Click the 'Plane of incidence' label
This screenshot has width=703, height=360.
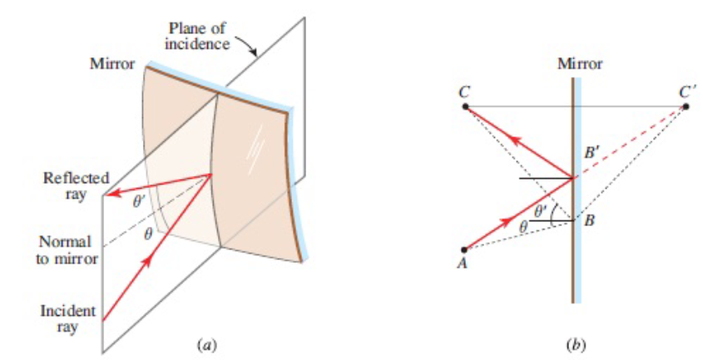[198, 36]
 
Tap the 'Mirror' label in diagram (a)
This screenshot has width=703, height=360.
[112, 64]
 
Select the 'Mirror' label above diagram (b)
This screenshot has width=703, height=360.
[580, 64]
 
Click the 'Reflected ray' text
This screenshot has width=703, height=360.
[76, 186]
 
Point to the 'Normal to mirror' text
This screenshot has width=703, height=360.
[67, 250]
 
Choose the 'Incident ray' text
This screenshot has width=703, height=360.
[67, 318]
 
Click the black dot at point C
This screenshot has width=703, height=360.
[465, 106]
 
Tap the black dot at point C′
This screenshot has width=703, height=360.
[686, 106]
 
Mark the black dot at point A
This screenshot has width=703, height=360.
[464, 249]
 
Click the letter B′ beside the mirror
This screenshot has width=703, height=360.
[592, 153]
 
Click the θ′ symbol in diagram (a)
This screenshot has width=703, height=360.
[139, 202]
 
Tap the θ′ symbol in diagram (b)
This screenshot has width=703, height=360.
[541, 211]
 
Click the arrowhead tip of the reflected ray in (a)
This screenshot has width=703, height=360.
[109, 194]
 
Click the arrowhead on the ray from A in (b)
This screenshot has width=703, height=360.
[508, 221]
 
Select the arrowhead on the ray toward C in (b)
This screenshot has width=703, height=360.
[516, 141]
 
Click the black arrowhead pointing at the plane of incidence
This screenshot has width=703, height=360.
[254, 52]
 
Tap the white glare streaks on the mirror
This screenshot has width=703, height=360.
[255, 149]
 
